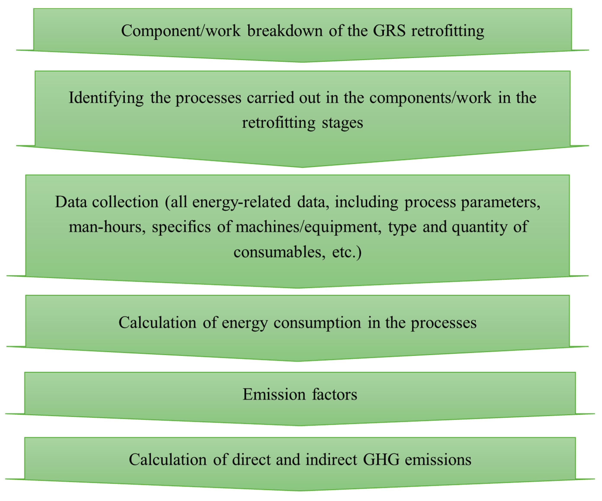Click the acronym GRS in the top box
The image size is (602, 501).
[389, 31]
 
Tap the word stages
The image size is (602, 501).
[342, 123]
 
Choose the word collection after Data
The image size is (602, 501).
[125, 202]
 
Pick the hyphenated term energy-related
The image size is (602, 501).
[241, 202]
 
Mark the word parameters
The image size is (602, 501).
[501, 202]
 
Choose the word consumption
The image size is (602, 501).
[317, 323]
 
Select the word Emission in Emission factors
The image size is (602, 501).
[274, 394]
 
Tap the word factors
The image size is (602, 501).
[335, 394]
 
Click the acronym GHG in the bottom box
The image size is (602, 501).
[381, 460]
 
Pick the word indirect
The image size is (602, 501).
[331, 460]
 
